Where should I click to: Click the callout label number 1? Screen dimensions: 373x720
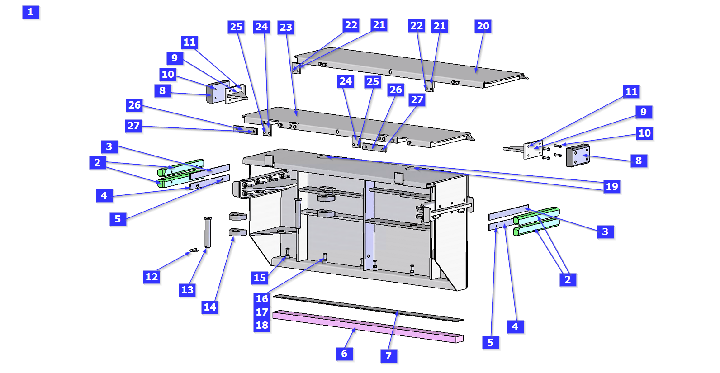30,12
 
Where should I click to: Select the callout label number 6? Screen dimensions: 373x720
344,354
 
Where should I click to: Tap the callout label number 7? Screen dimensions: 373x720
388,356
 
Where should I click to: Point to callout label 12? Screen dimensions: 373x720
152,277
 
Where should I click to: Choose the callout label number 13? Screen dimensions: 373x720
187,290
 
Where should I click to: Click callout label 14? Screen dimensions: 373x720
210,307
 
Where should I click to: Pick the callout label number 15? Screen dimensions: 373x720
260,278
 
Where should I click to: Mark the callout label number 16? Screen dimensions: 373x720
262,299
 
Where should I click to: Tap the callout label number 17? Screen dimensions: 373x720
262,312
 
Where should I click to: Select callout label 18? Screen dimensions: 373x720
262,325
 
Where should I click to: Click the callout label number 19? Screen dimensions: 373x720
612,186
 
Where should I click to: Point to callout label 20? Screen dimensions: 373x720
483,26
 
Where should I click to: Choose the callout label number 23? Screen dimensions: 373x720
286,27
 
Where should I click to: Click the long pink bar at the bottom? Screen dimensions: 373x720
367,326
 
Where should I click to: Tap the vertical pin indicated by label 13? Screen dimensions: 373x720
208,232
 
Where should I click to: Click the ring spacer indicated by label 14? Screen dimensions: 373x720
237,232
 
